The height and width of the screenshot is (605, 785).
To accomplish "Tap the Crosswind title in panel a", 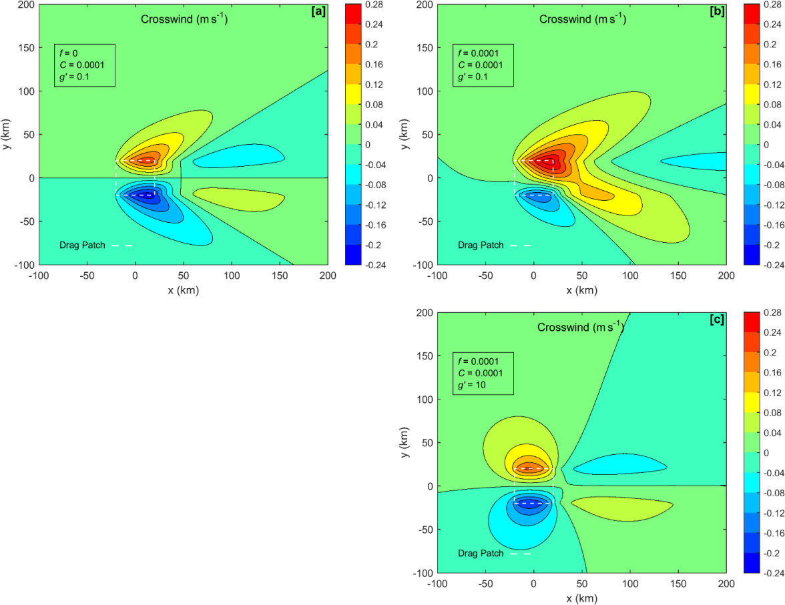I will tap(184, 19).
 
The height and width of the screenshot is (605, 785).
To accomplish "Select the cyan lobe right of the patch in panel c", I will tap(617, 464).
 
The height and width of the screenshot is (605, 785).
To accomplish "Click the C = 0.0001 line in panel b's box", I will tap(480, 65).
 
